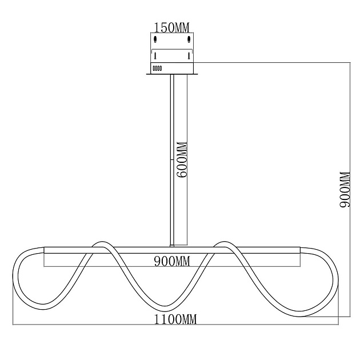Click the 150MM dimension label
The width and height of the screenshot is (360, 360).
[x=171, y=28]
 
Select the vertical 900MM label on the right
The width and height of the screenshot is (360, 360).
[x=345, y=189]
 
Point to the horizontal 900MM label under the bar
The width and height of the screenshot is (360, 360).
[x=172, y=261]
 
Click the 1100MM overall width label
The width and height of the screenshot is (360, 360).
[x=175, y=319]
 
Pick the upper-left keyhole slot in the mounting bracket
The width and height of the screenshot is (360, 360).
[x=155, y=39]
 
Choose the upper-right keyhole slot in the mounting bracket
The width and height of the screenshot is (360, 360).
[x=189, y=39]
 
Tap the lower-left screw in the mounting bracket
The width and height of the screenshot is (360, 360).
[x=155, y=55]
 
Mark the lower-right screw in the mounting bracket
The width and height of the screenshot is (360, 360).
[x=189, y=55]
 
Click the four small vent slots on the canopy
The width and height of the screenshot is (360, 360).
[x=157, y=69]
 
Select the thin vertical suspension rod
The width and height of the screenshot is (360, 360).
[x=172, y=160]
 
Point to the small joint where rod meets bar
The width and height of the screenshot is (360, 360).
[x=172, y=246]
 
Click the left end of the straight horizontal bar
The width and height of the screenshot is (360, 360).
[x=44, y=250]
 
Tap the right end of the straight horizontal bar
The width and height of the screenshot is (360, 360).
[x=300, y=250]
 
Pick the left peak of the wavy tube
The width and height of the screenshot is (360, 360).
[x=101, y=243]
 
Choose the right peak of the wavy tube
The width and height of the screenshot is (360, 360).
[x=224, y=243]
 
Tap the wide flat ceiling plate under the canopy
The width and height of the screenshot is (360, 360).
[x=172, y=74]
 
